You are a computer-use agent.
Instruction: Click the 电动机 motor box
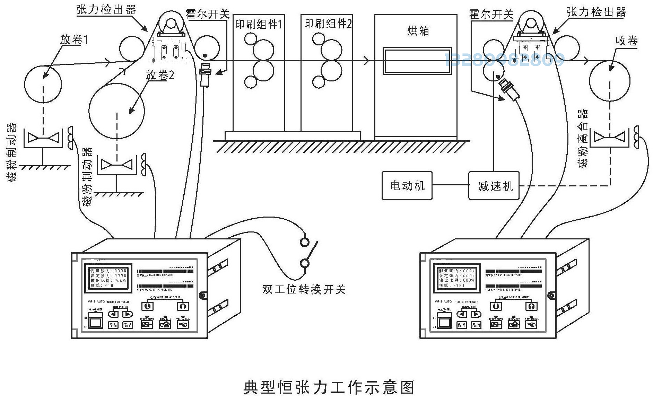tap(407, 186)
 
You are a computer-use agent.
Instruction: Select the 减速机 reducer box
tap(494, 186)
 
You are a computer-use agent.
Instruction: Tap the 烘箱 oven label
tap(418, 31)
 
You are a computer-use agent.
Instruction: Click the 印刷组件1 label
tap(259, 24)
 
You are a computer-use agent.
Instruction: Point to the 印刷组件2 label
tap(328, 24)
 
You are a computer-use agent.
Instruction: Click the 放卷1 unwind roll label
tap(74, 40)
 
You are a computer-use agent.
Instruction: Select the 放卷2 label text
tap(160, 75)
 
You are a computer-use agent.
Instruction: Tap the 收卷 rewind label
tap(627, 41)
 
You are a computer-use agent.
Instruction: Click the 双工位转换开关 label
tap(304, 289)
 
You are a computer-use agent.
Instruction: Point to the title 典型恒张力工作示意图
tap(329, 387)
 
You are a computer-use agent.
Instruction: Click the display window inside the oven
tap(418, 61)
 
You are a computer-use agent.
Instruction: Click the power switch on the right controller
tap(444, 322)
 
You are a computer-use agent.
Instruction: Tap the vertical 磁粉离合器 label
tap(583, 139)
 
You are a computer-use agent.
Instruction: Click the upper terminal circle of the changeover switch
tap(305, 242)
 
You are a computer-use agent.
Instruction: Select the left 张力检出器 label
tap(106, 10)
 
